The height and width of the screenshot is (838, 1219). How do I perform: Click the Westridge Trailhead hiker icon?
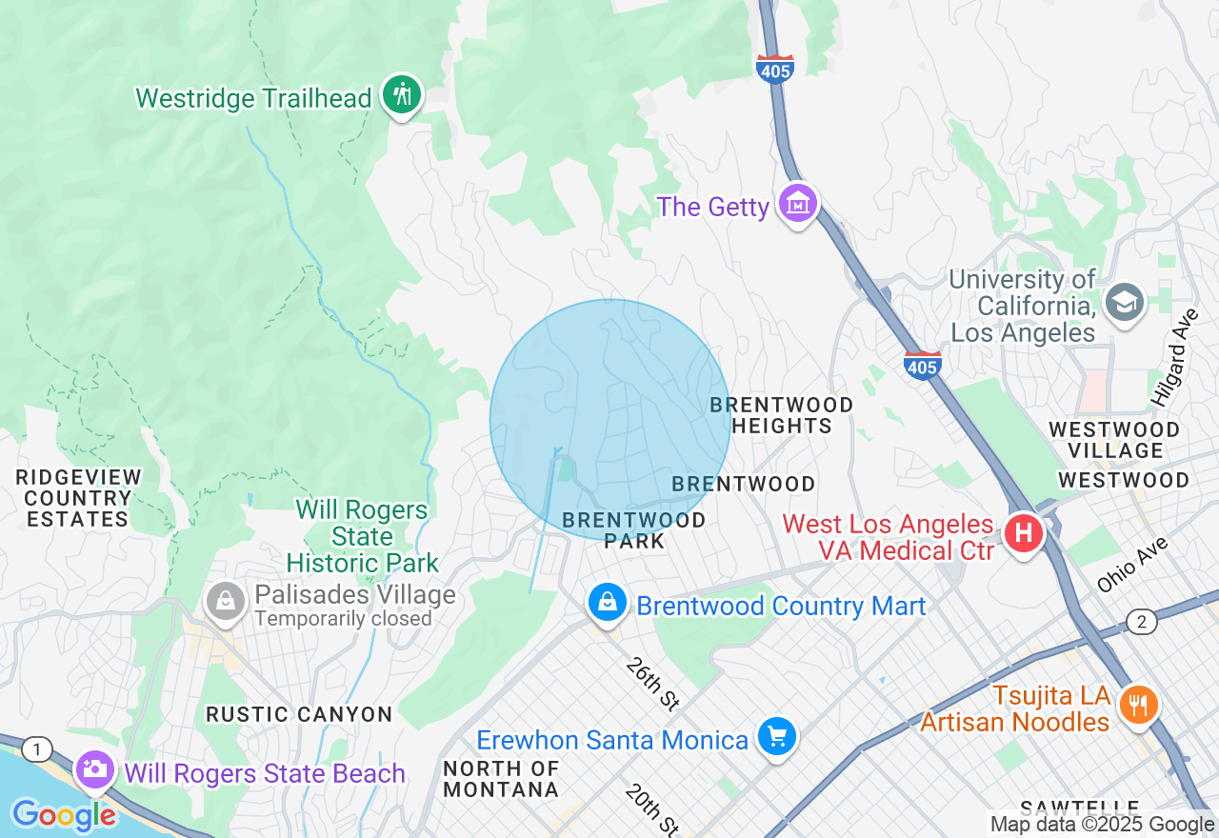(402, 94)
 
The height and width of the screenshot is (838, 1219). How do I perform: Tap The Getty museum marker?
(797, 204)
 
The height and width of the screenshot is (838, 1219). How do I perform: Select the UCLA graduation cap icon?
(1125, 302)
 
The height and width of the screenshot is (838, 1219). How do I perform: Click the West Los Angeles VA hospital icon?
(1024, 532)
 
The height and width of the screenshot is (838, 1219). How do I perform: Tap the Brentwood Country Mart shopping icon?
(607, 602)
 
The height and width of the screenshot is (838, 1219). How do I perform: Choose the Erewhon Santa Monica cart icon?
(777, 736)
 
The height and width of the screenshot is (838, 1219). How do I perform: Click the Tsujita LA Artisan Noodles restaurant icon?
(1137, 705)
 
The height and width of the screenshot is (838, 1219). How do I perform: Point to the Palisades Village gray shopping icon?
(226, 602)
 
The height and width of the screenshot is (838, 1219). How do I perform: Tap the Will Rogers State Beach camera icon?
(95, 769)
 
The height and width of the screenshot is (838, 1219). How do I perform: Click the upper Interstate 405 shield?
(775, 69)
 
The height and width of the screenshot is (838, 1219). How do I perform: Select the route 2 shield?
(1141, 623)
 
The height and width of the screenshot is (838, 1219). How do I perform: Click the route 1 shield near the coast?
(36, 750)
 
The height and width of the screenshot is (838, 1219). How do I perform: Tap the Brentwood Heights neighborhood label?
(781, 415)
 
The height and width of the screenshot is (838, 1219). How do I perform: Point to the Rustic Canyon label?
(299, 714)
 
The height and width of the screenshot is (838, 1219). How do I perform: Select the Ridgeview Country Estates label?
(78, 498)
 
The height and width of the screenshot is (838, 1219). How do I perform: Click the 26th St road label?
(652, 684)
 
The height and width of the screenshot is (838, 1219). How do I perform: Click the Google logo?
(65, 815)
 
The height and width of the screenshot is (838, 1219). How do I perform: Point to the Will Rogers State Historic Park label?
(362, 536)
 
